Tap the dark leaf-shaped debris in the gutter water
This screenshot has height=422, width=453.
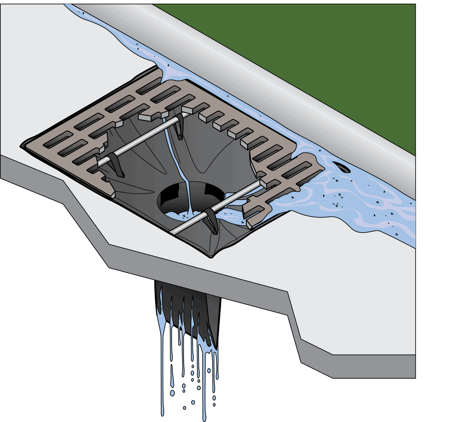click(x=341, y=167)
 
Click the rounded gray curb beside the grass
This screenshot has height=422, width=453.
click(x=261, y=75)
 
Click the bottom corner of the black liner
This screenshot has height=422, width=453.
click(x=211, y=256)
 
